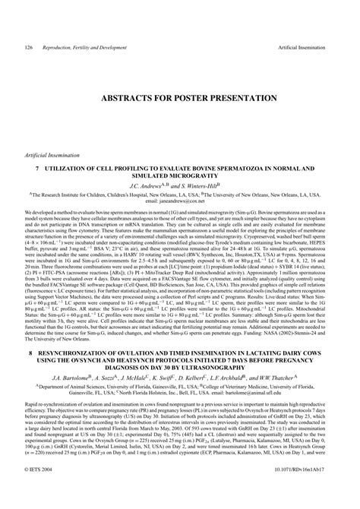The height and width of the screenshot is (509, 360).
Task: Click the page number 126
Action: [28, 47]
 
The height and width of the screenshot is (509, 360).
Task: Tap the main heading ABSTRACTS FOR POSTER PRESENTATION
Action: [180, 98]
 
